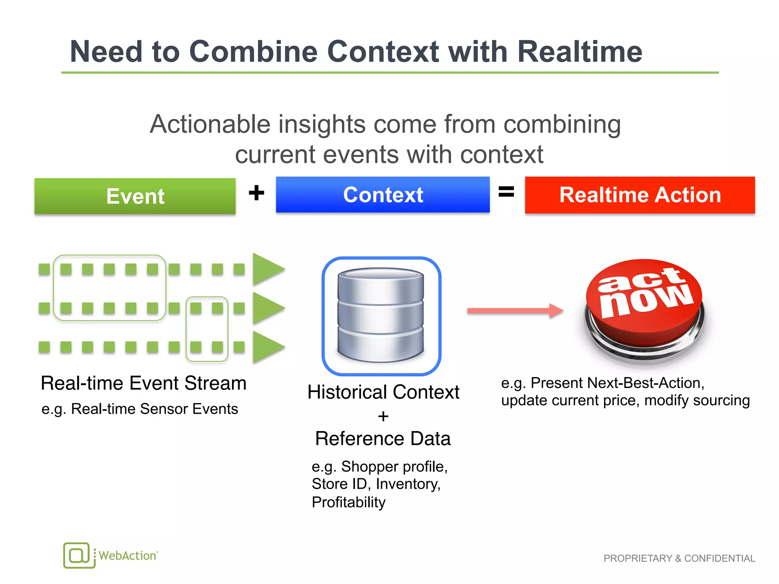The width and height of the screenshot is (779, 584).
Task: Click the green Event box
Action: click(135, 196)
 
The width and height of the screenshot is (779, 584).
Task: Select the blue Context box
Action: click(383, 195)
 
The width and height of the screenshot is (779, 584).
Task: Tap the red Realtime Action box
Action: click(640, 195)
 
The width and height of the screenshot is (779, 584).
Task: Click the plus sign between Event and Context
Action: click(256, 193)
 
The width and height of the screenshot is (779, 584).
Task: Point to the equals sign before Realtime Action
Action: click(506, 192)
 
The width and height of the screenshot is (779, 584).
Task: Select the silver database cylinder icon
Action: click(381, 315)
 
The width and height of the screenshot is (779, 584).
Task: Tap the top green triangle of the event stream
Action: click(267, 269)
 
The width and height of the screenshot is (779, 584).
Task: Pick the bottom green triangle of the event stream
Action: click(267, 347)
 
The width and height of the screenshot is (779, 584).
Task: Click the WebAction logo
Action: click(111, 555)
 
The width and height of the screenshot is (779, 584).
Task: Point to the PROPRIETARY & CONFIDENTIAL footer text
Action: click(679, 558)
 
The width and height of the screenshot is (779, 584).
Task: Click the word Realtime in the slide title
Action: click(580, 52)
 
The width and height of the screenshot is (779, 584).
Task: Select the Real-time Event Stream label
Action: click(143, 383)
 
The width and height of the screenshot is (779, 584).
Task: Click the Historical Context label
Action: click(383, 392)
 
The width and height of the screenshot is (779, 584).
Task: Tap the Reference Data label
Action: click(383, 438)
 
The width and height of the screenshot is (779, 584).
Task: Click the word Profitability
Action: click(348, 502)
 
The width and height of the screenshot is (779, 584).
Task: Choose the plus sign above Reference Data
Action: click(383, 416)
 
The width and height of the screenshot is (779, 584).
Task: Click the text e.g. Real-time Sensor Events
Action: click(140, 409)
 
